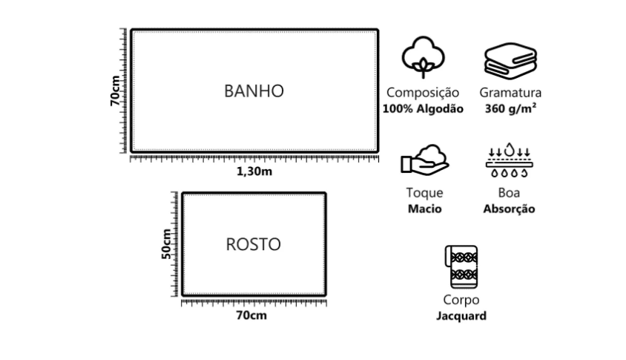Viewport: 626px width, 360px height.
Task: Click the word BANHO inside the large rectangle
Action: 254,91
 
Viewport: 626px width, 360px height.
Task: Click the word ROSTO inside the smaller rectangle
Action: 253,244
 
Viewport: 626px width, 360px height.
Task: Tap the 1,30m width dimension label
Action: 254,171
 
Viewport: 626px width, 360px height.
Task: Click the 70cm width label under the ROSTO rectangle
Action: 252,315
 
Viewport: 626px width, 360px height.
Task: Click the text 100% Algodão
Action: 423,108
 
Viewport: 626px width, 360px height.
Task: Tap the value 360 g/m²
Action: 510,108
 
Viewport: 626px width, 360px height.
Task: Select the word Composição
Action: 423,94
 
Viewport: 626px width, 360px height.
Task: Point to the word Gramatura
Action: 510,94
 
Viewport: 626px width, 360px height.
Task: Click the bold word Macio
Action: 424,209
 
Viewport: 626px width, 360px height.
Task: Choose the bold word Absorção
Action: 509,209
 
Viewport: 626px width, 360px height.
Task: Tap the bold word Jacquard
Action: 461,315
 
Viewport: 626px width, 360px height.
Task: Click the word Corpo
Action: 461,301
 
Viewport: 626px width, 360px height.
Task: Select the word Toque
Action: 424,194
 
